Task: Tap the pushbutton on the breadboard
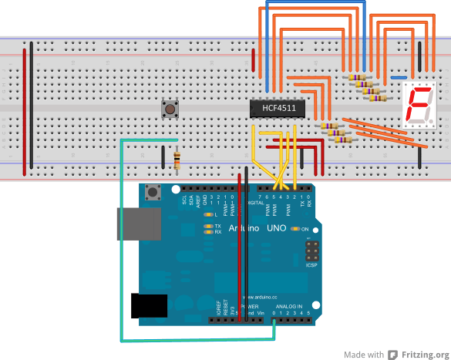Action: click(168, 109)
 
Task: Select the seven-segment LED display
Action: click(420, 106)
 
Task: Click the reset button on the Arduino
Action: click(153, 192)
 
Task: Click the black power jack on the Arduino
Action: click(150, 305)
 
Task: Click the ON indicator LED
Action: click(295, 230)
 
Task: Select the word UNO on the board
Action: click(276, 228)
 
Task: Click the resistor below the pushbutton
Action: click(178, 160)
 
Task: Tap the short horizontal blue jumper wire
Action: click(399, 78)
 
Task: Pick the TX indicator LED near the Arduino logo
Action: click(208, 226)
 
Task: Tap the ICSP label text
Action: click(311, 265)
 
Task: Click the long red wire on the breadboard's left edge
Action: click(24, 108)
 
